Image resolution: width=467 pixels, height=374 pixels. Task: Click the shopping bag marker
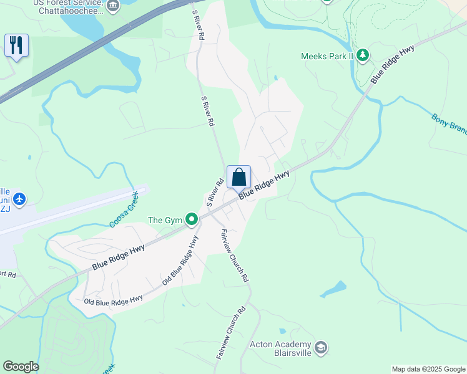(x=238, y=178)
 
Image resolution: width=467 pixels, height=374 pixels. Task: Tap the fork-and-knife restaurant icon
(x=16, y=46)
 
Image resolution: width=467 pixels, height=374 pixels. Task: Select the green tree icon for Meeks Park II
(x=363, y=55)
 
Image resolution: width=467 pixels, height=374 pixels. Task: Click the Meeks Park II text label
(x=327, y=56)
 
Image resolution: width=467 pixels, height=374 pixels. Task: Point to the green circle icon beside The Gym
(x=192, y=219)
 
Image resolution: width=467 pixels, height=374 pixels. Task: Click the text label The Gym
(x=164, y=219)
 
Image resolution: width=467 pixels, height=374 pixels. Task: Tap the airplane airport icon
(x=19, y=199)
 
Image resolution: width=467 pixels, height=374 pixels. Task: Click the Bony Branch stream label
(x=449, y=123)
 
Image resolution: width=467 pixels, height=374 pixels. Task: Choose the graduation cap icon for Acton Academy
(x=321, y=348)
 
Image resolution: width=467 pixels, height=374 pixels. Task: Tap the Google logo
(x=21, y=367)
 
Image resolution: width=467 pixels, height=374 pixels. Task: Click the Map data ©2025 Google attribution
(x=428, y=369)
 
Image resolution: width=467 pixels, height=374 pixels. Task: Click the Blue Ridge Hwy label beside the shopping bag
(x=264, y=186)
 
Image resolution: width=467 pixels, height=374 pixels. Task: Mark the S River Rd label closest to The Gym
(x=215, y=193)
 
